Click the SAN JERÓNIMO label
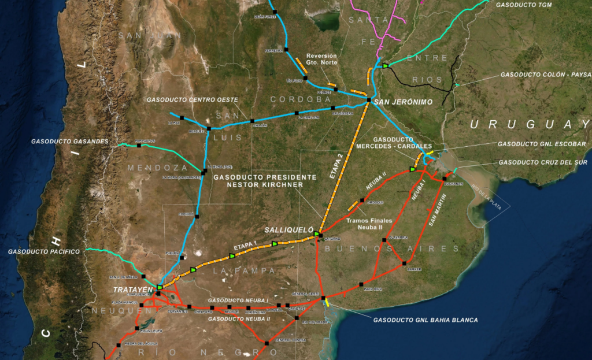tap(404, 102)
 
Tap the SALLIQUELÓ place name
tap(288, 229)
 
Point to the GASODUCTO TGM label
tap(524, 5)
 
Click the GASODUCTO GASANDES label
tap(70, 141)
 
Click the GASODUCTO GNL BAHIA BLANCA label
tap(425, 320)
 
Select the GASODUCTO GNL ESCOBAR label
tap(542, 144)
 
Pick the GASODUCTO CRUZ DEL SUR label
tap(543, 162)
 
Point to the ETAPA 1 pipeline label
tap(244, 246)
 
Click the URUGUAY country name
tap(530, 124)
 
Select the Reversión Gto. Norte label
tap(321, 59)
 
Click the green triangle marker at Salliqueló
tap(317, 233)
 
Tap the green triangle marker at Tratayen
tap(160, 287)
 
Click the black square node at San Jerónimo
tap(368, 101)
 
